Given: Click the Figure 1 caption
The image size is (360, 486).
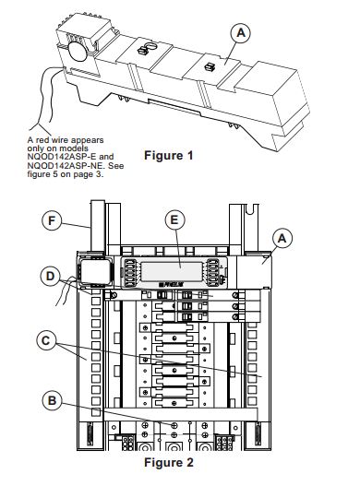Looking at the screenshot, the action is [169, 155].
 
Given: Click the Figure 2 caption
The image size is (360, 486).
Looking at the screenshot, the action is [169, 462].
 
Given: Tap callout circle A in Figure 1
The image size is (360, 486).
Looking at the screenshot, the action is [241, 33].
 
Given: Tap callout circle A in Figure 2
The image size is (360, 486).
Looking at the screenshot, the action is [282, 238].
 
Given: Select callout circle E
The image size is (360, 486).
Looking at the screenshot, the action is [174, 219].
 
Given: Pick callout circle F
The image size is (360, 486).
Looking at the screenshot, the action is [52, 220].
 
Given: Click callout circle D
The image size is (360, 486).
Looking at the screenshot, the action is [50, 276].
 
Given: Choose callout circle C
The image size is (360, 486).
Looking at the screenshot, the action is [46, 340].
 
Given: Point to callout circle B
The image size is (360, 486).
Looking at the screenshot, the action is [52, 400].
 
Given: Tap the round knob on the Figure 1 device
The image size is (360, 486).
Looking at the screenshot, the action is [78, 51].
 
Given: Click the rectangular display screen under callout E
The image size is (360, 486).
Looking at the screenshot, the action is [172, 272].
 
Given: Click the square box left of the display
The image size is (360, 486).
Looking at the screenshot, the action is [95, 272].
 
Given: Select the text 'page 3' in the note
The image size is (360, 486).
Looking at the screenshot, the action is [91, 174].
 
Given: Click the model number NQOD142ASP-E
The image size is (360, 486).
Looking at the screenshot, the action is [62, 157].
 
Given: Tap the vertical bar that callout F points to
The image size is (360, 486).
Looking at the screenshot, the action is [98, 227].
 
